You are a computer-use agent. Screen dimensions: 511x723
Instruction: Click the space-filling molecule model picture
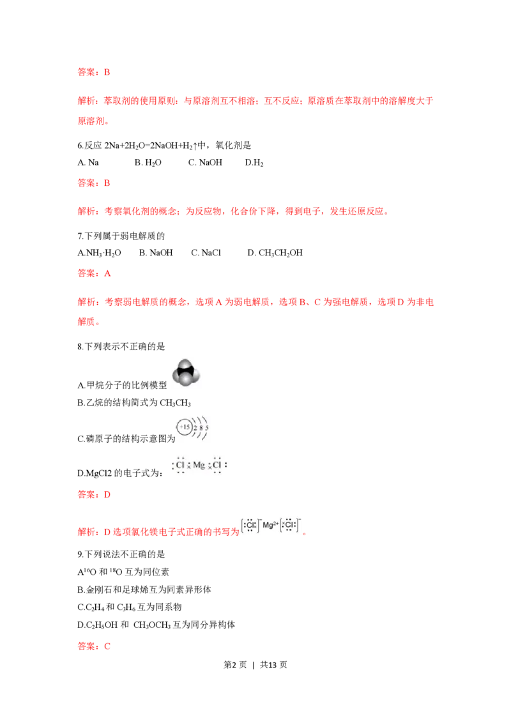point(187,372)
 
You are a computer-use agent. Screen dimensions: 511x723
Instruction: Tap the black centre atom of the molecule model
point(187,370)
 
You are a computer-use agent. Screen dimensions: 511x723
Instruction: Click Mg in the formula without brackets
point(199,466)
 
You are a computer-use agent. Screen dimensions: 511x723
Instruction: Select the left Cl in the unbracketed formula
point(180,466)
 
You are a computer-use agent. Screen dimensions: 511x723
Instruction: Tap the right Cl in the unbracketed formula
point(217,466)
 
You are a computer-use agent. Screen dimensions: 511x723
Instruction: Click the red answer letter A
point(108,274)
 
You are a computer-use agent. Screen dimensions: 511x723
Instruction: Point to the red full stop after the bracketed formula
point(305,534)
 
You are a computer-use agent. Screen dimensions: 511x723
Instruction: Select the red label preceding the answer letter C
point(86,647)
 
